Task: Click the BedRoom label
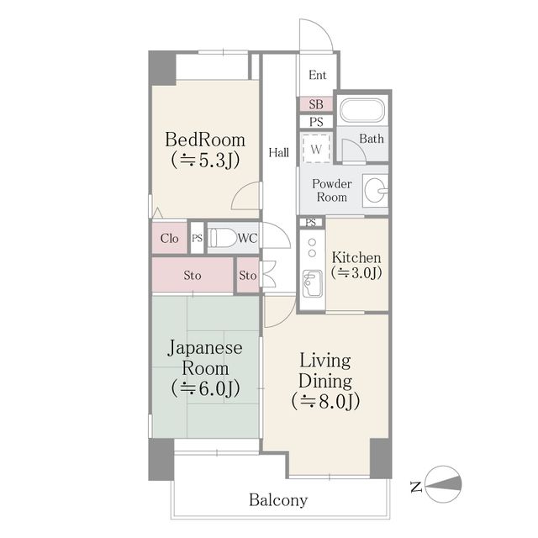coord(204,139)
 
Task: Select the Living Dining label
coord(326,370)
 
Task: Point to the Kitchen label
coord(356,257)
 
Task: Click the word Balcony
coord(278,500)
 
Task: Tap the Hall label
coord(279,152)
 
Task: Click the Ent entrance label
coord(317,76)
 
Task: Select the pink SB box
coord(316,105)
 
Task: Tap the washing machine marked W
coord(316,149)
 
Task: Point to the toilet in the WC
coord(223,238)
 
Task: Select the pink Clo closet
coord(169,238)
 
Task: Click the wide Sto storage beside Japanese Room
coord(193,275)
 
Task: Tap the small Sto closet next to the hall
coord(247,275)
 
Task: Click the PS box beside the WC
coord(198,238)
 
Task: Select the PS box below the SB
coord(316,122)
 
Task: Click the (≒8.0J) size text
coord(326,401)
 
